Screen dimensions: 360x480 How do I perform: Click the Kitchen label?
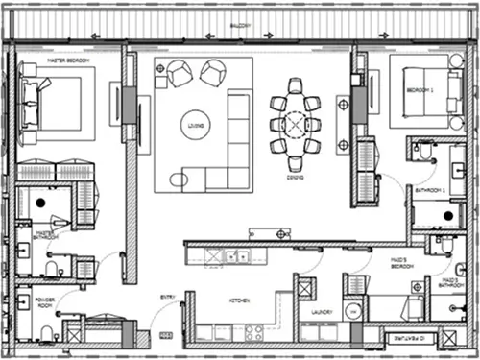click(x=239, y=301)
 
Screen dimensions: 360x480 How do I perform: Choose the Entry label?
click(x=167, y=297)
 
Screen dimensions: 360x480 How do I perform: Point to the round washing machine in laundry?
click(x=351, y=311)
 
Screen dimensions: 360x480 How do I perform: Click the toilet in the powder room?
click(x=45, y=332)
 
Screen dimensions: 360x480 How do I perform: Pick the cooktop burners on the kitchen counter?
click(x=255, y=332)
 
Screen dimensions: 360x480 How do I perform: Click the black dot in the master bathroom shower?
click(x=39, y=204)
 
